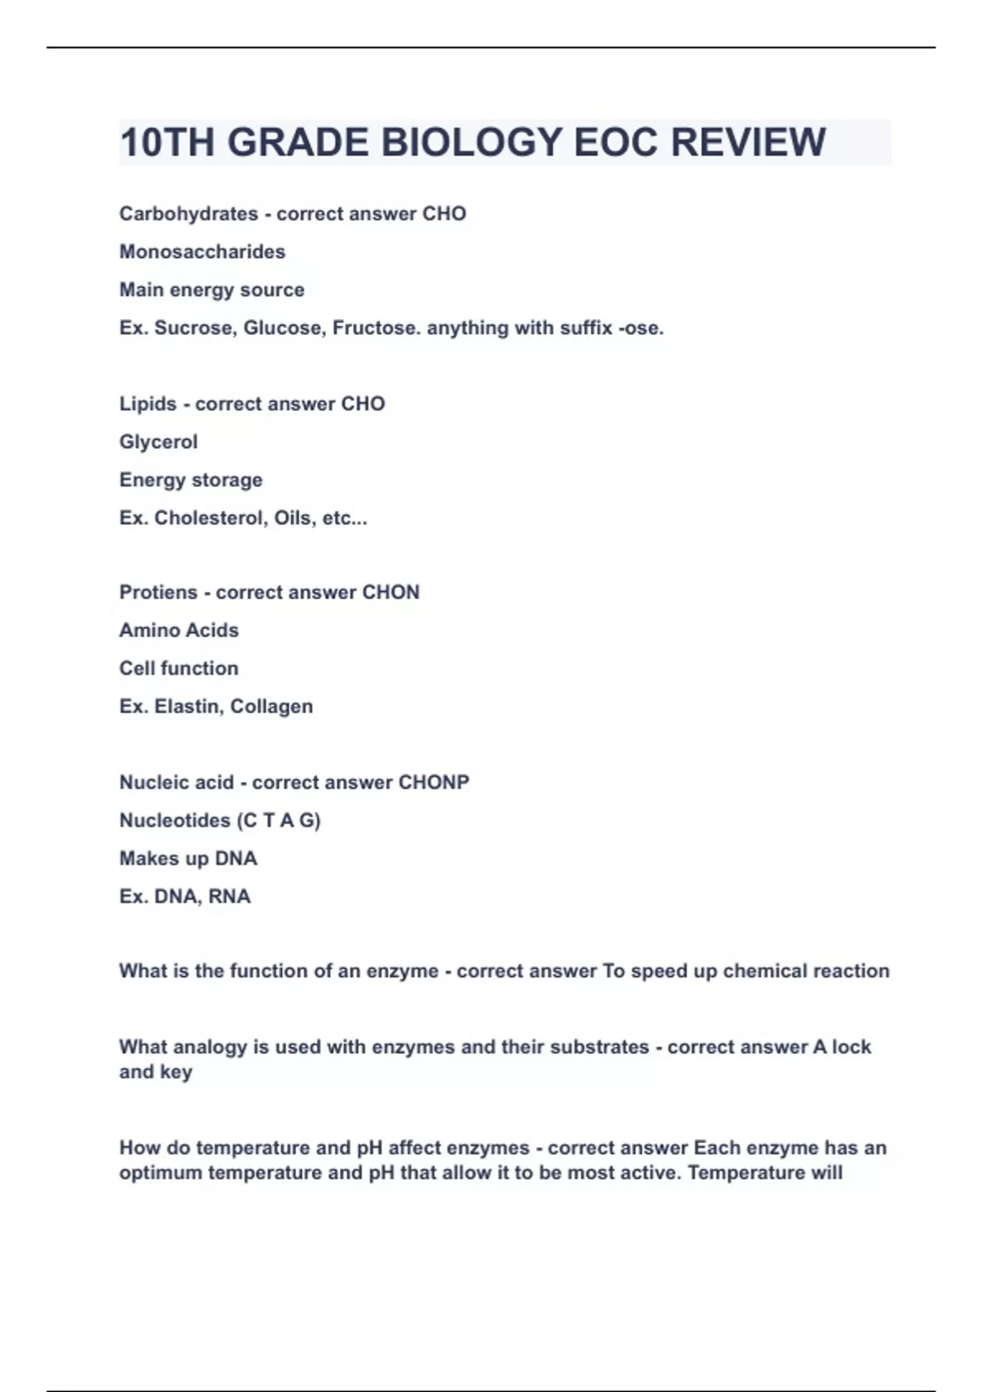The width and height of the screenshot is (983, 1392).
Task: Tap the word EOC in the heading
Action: coord(616,142)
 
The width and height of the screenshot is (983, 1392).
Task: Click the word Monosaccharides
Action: coord(202,251)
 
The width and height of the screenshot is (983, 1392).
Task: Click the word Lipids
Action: coord(147,404)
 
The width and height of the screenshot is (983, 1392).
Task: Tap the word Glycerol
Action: coord(158,442)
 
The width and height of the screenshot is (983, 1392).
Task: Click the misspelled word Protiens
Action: coord(158,592)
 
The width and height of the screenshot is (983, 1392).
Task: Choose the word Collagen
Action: coord(271,707)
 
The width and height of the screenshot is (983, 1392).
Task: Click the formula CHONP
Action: coord(433,782)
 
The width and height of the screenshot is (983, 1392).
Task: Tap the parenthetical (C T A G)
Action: coord(279,820)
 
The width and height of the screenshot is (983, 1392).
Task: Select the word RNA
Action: coord(229,897)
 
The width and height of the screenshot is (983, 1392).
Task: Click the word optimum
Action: coord(161,1173)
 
